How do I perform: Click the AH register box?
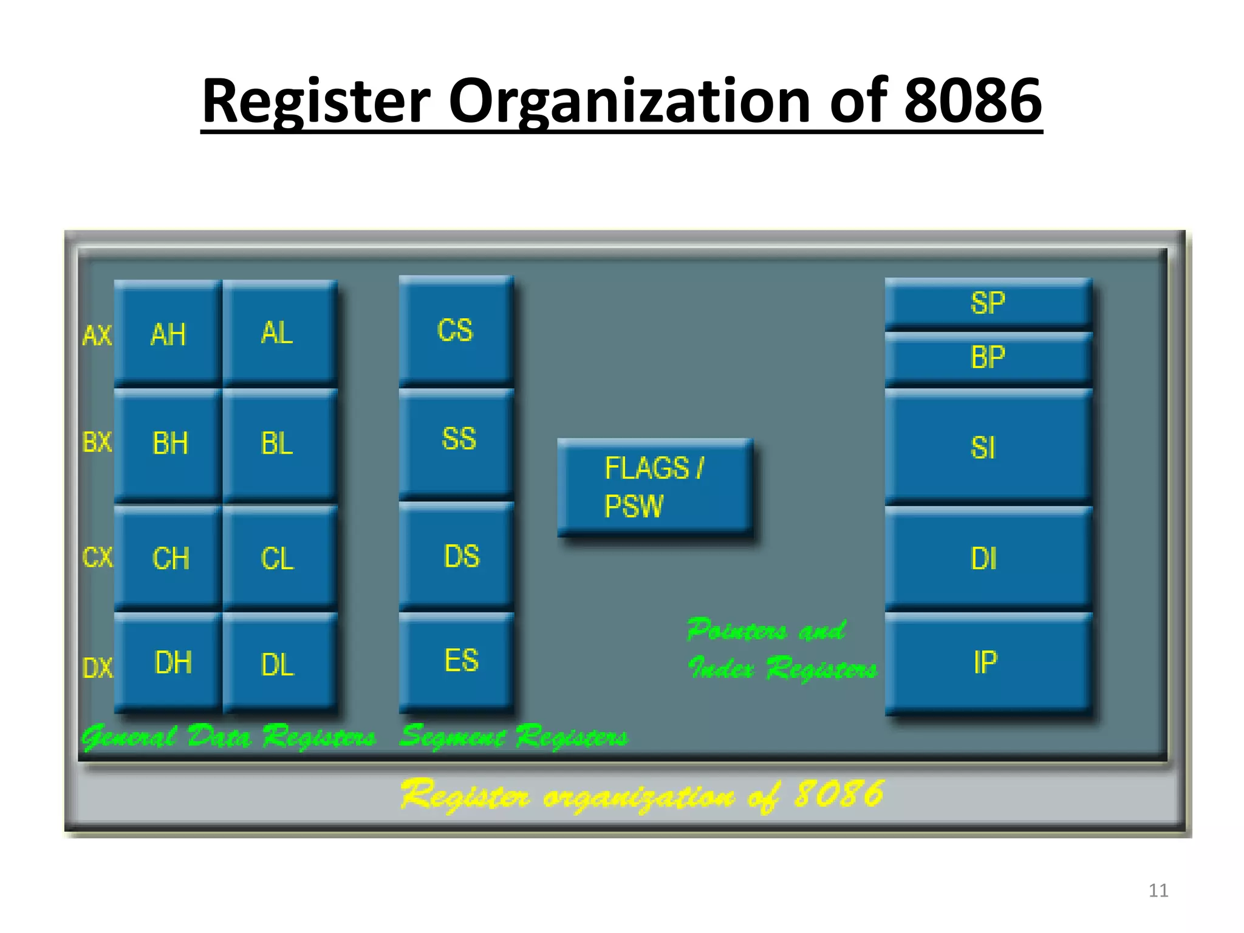click(x=168, y=333)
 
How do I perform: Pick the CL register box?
click(x=279, y=558)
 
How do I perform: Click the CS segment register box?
click(x=456, y=330)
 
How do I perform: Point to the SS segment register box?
click(x=457, y=440)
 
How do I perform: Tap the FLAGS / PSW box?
click(x=655, y=487)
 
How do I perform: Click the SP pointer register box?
click(x=988, y=302)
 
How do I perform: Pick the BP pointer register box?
click(x=988, y=358)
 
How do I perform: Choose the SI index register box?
click(x=988, y=448)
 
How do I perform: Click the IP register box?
click(x=988, y=662)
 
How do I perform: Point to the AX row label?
click(x=97, y=335)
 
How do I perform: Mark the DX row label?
click(x=97, y=668)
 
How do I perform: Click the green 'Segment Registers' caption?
click(x=514, y=737)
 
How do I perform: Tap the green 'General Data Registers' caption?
click(x=229, y=737)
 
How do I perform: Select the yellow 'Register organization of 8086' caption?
click(x=643, y=795)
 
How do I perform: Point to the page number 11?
click(x=1158, y=890)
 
